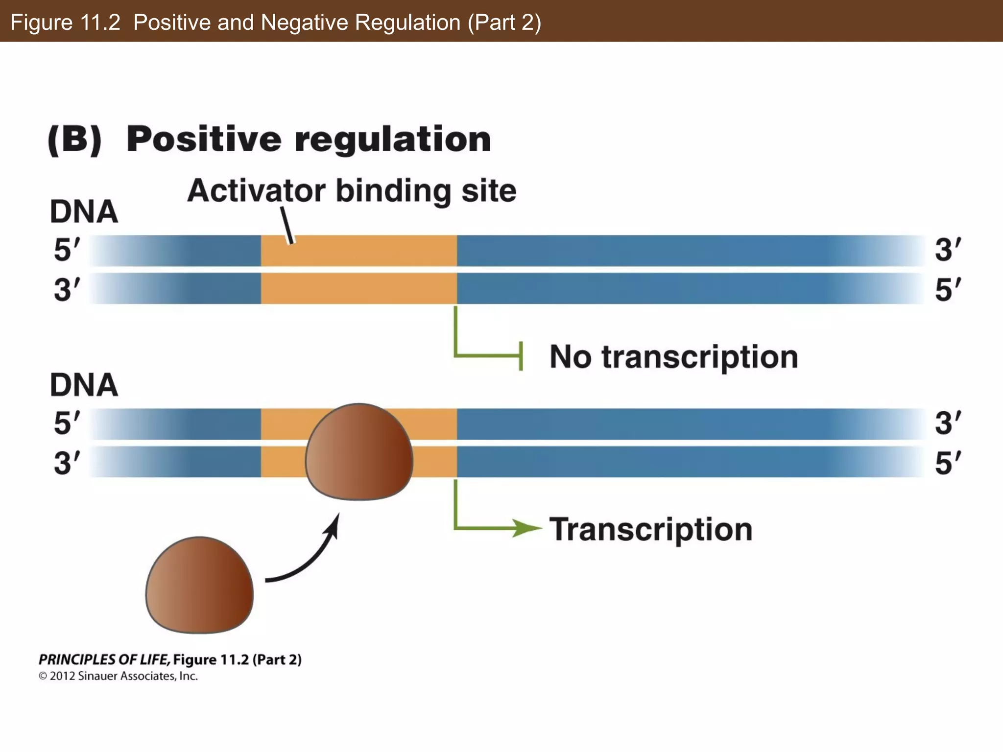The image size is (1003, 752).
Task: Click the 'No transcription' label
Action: (x=673, y=357)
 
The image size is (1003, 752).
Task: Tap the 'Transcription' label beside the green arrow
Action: (x=650, y=530)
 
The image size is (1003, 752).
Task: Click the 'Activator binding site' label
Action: (x=352, y=190)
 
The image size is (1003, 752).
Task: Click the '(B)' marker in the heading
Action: (x=75, y=140)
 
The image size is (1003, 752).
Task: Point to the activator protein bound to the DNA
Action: (x=359, y=452)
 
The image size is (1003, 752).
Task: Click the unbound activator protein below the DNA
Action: (x=199, y=585)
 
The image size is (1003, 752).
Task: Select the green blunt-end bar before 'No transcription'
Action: (x=521, y=356)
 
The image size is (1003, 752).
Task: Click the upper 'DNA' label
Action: (x=84, y=212)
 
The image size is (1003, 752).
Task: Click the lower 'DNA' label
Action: (x=84, y=385)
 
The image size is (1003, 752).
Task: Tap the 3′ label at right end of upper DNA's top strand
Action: (x=948, y=250)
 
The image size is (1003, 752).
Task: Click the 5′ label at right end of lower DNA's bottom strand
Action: (x=948, y=463)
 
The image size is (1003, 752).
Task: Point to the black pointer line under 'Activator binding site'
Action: (x=287, y=225)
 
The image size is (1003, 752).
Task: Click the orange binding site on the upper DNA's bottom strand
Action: (x=358, y=289)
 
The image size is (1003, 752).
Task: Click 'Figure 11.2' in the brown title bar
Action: (x=65, y=23)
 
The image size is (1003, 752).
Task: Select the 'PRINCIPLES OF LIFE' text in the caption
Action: (x=104, y=659)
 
